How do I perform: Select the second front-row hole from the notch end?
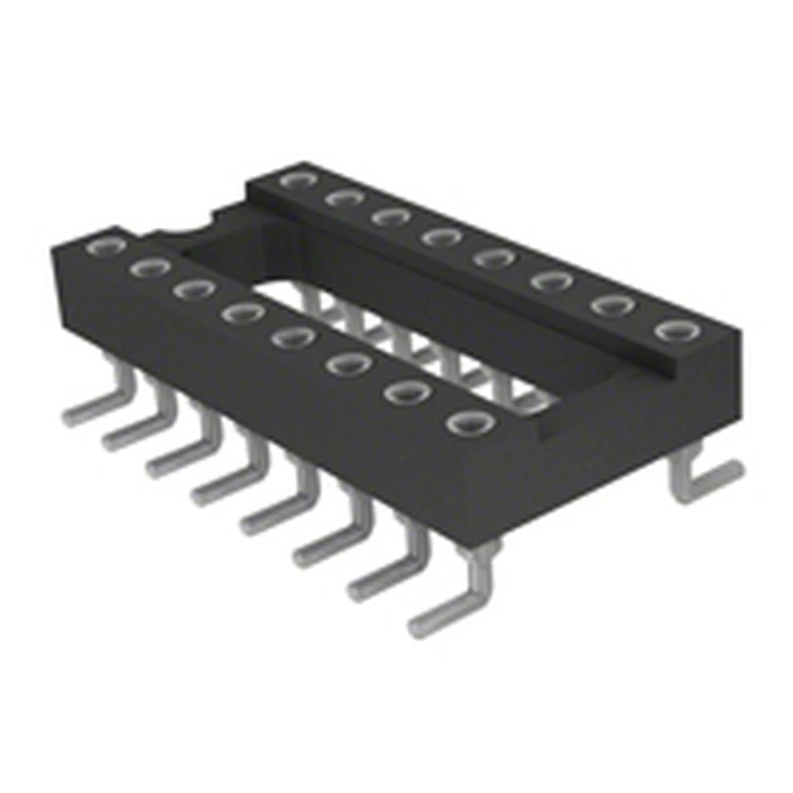[x=150, y=267]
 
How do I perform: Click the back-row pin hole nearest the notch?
[x=294, y=179]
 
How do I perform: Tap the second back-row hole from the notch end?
[x=340, y=197]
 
